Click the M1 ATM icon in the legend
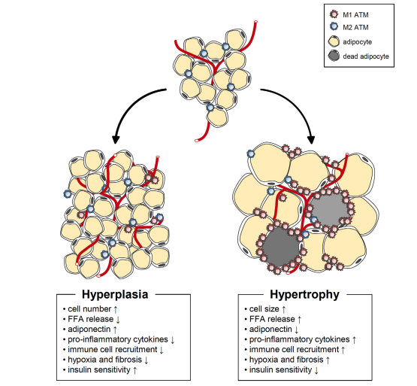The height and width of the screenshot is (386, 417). (x=334, y=14)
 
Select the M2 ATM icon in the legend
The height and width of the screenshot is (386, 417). (x=334, y=26)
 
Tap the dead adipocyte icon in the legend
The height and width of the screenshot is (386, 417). (x=334, y=56)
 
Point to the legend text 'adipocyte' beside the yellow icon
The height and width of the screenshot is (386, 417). (x=357, y=42)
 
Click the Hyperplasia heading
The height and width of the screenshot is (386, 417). (x=115, y=294)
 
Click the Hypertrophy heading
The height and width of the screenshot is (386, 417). (x=304, y=294)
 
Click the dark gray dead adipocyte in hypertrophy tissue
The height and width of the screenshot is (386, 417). (x=280, y=247)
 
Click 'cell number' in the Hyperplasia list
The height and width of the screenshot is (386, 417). (x=89, y=309)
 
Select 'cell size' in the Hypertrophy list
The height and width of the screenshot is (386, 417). (x=264, y=309)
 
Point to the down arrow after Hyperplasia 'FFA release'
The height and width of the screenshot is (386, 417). (x=118, y=319)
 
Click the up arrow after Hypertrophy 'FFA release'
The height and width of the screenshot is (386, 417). (x=300, y=319)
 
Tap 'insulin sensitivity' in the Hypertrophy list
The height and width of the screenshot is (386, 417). (x=280, y=370)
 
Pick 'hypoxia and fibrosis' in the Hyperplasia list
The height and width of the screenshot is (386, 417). (x=104, y=360)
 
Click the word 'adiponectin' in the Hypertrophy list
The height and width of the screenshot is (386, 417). (x=270, y=330)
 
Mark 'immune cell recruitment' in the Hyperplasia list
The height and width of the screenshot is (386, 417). (x=113, y=349)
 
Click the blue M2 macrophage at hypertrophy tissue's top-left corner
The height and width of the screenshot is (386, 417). (x=251, y=153)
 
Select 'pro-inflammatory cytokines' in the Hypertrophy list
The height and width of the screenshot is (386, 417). (x=300, y=339)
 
